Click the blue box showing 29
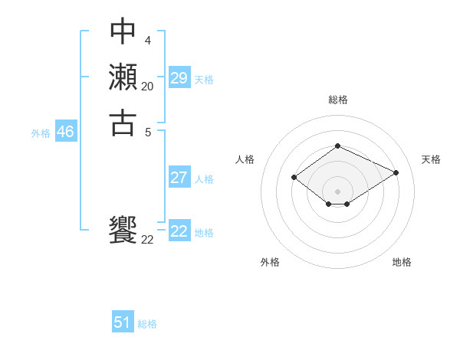click(179, 78)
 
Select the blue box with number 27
click(179, 178)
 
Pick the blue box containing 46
click(65, 132)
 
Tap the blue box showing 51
click(123, 322)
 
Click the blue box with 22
click(179, 231)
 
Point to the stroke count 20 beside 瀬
click(147, 87)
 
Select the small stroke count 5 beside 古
click(146, 131)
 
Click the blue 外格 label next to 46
click(41, 133)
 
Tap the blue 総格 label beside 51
click(147, 324)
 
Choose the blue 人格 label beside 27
click(204, 179)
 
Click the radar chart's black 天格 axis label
click(431, 159)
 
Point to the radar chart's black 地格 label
click(402, 262)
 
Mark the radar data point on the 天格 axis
click(396, 172)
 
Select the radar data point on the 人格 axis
click(294, 178)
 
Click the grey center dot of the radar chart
click(337, 191)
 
